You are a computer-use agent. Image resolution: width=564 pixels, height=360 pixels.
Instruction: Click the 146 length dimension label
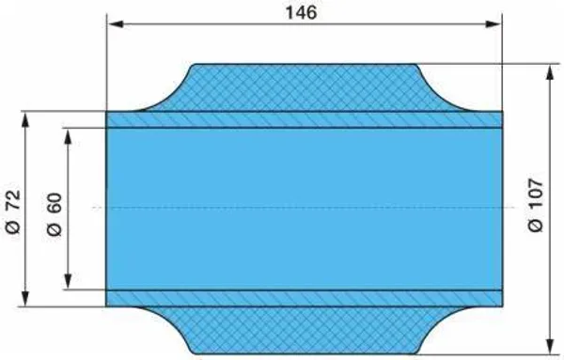302,12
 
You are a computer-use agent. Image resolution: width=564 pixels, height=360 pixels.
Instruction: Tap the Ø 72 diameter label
13,211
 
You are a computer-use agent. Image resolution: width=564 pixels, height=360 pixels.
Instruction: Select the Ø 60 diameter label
55,214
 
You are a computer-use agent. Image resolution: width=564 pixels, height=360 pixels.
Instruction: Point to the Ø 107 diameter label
536,205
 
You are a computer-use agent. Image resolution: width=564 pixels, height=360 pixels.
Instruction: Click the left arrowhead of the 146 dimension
116,24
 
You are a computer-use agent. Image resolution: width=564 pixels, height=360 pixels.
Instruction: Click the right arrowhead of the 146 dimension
493,24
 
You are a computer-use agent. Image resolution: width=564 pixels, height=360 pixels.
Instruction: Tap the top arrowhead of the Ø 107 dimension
550,73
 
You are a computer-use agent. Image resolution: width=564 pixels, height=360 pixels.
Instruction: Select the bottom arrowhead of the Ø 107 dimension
550,346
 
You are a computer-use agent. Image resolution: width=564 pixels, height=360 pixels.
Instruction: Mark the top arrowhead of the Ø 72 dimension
24,120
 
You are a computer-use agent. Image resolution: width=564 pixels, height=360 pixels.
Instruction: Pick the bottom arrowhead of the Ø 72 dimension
24,298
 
